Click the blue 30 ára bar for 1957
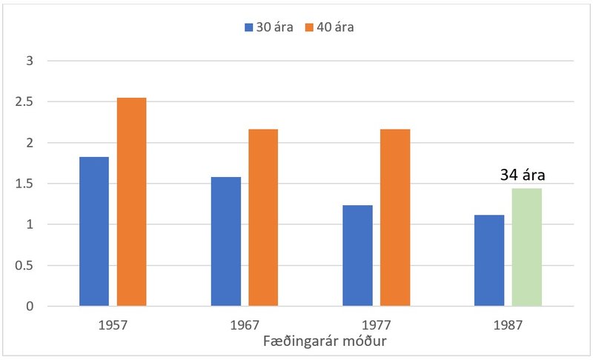[94, 231]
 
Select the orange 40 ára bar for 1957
[131, 201]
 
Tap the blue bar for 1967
[226, 241]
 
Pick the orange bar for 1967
[263, 217]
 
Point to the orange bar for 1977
[395, 217]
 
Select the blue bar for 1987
[489, 260]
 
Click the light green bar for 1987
[526, 247]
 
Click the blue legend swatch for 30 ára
[249, 27]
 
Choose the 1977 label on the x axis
[377, 324]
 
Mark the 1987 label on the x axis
[508, 324]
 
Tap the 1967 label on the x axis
[245, 324]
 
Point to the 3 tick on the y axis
[30, 61]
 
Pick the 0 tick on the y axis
[30, 306]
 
